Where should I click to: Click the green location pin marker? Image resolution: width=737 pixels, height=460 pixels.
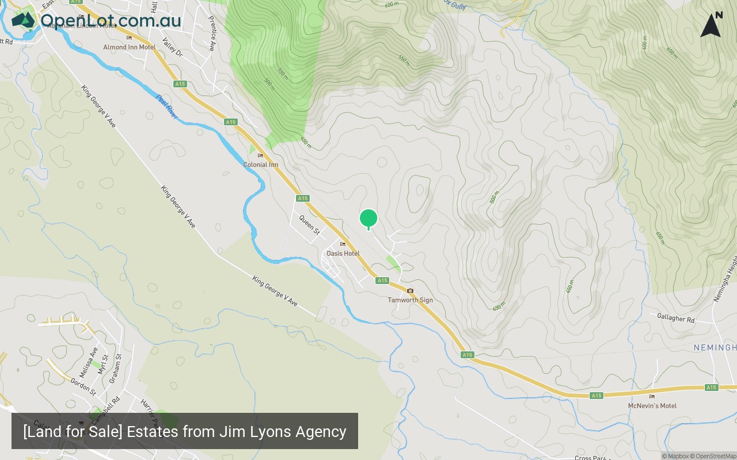click(368, 219)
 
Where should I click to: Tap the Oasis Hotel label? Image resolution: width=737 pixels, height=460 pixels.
click(343, 254)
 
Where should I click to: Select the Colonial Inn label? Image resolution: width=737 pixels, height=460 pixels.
click(260, 164)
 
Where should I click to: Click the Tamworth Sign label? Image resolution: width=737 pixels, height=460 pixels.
click(410, 300)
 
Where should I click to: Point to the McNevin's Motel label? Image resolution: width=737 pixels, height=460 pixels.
click(652, 406)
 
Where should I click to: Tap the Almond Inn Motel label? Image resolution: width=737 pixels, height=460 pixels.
click(129, 47)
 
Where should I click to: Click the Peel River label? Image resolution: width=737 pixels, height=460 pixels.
click(166, 107)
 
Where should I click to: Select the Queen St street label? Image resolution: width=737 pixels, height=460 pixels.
click(309, 224)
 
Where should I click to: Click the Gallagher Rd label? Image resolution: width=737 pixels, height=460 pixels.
click(675, 318)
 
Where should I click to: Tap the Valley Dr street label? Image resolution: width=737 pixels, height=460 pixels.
click(172, 48)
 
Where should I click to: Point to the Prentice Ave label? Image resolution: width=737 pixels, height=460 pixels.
click(212, 33)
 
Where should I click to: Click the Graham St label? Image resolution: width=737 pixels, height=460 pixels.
click(116, 369)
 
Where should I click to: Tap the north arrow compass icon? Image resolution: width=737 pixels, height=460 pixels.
click(711, 25)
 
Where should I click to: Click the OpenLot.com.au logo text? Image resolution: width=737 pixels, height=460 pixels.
click(110, 21)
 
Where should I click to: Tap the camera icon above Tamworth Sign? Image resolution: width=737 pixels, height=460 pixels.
click(410, 291)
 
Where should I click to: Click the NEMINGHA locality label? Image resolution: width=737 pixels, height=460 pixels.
click(715, 348)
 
